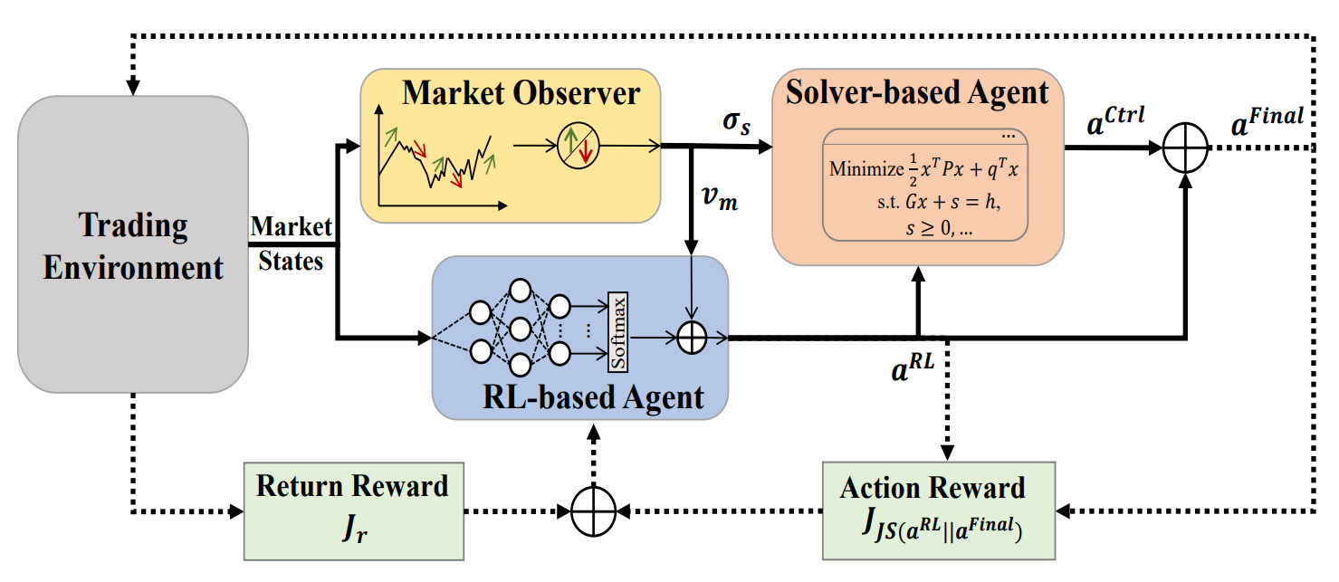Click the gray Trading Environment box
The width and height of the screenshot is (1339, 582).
click(133, 244)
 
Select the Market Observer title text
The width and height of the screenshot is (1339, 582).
click(521, 92)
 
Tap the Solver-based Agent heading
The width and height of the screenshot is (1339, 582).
click(918, 92)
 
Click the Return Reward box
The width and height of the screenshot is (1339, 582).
click(352, 510)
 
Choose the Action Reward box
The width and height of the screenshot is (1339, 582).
click(938, 510)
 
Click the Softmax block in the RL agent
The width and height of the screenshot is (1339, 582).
click(619, 330)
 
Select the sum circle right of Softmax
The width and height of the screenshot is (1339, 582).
click(692, 339)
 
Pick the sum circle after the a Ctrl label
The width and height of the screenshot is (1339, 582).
click(1185, 147)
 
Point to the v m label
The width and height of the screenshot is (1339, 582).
click(722, 198)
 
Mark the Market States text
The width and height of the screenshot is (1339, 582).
click(291, 243)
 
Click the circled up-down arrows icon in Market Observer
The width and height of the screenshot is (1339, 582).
click(575, 145)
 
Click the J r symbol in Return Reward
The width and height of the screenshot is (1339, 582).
click(351, 526)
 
